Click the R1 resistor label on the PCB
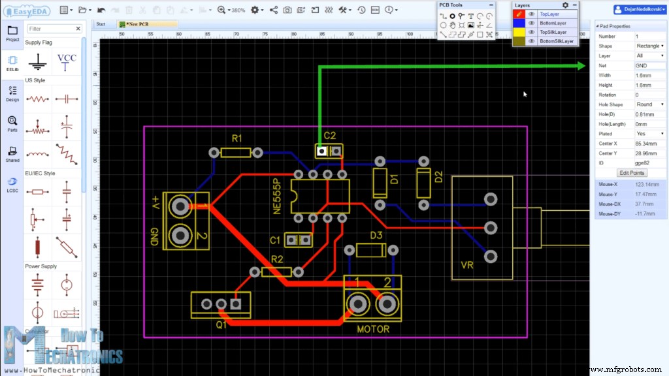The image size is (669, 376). pyautogui.click(x=237, y=138)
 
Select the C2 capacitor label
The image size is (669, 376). pyautogui.click(x=330, y=136)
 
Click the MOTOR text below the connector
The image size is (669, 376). pyautogui.click(x=373, y=329)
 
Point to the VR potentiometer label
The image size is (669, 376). pyautogui.click(x=466, y=266)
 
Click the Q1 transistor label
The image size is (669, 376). pyautogui.click(x=222, y=323)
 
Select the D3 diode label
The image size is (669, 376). pyautogui.click(x=376, y=235)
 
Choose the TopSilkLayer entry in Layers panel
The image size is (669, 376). pyautogui.click(x=553, y=32)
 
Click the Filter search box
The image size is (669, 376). pyautogui.click(x=54, y=29)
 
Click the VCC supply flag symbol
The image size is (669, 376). pyautogui.click(x=67, y=61)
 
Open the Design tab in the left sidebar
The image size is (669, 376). pyautogui.click(x=12, y=93)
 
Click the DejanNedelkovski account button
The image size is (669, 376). pyautogui.click(x=639, y=10)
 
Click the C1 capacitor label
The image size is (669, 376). pyautogui.click(x=275, y=240)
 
